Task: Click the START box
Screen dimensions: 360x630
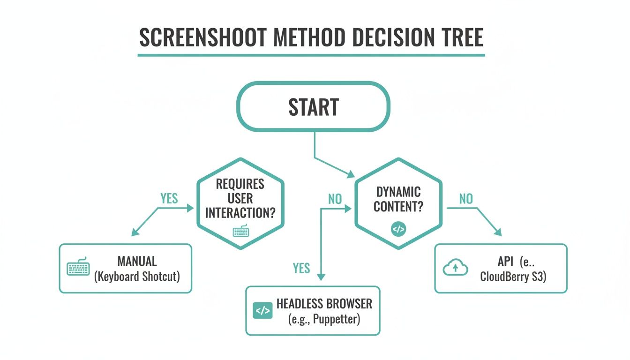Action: tap(313, 107)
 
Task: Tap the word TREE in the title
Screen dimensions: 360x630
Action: tap(457, 37)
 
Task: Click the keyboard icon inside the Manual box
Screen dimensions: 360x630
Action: tap(78, 268)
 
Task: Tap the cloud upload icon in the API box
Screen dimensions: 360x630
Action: tap(455, 268)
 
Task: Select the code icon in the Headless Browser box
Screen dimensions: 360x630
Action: tap(262, 310)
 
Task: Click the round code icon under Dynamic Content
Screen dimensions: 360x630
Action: tap(398, 230)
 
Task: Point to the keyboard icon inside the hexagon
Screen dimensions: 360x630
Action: tap(240, 232)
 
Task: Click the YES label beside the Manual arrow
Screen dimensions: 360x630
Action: tap(169, 198)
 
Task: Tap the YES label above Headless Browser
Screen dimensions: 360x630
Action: tap(301, 268)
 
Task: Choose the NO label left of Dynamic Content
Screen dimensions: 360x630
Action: tap(335, 199)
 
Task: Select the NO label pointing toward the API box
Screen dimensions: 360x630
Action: tap(466, 199)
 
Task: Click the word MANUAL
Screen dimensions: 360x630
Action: tap(137, 261)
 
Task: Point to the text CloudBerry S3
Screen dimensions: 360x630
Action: tap(513, 276)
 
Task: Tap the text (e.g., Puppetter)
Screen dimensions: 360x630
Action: tap(324, 320)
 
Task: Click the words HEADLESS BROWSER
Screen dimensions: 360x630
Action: tap(324, 304)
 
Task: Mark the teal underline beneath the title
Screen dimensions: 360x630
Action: tap(311, 55)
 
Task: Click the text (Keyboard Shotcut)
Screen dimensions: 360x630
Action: tap(137, 276)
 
